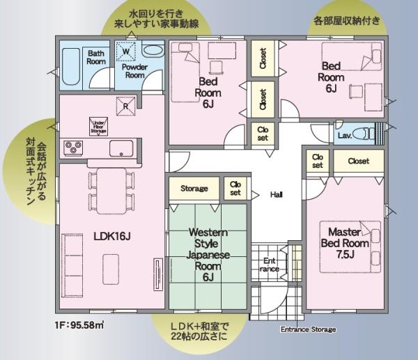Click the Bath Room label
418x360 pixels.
96,57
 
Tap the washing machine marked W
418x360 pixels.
126,51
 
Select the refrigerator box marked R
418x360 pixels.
126,106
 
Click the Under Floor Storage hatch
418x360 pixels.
99,127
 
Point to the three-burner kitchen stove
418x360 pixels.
73,148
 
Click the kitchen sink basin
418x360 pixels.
121,148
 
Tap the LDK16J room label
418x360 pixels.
112,236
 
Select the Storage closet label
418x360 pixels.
194,189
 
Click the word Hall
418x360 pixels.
276,195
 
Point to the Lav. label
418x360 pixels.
345,135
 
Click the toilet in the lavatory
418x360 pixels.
364,133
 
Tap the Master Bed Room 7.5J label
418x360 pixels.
345,243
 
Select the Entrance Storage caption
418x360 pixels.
308,329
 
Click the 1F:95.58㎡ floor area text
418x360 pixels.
79,325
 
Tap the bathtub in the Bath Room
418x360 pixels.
71,67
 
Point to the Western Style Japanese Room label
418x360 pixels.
208,254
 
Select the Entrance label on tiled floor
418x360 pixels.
269,265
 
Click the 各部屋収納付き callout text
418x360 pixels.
346,21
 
